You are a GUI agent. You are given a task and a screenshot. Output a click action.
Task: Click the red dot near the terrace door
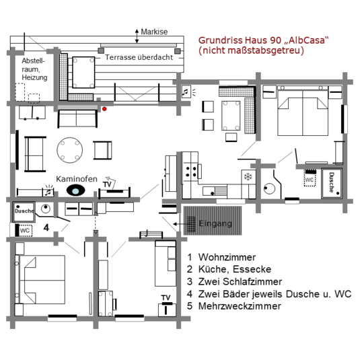pyautogui.click(x=104, y=109)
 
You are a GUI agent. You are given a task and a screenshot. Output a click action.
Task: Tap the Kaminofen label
pyautogui.click(x=77, y=179)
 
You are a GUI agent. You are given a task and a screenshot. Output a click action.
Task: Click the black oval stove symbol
pyautogui.click(x=76, y=190)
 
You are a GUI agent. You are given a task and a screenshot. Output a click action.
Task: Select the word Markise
pyautogui.click(x=154, y=32)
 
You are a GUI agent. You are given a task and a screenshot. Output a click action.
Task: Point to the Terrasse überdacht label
pyautogui.click(x=139, y=57)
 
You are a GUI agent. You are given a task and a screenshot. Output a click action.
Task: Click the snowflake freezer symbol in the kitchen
pyautogui.click(x=248, y=177)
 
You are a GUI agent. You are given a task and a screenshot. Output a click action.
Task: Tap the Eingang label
pyautogui.click(x=215, y=223)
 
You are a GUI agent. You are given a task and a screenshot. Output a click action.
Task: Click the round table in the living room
pyautogui.click(x=70, y=150)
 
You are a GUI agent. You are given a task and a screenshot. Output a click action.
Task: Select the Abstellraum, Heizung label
pyautogui.click(x=34, y=69)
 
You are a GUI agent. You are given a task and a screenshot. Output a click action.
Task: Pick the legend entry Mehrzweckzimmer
pyautogui.click(x=240, y=306)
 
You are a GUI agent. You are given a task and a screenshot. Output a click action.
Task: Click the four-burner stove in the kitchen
pyautogui.click(x=191, y=172)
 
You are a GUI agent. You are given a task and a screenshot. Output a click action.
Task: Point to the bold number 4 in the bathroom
pyautogui.click(x=46, y=227)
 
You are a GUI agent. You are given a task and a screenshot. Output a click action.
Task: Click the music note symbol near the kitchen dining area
pyautogui.click(x=186, y=92)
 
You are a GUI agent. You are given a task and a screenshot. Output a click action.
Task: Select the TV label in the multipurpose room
pyautogui.click(x=166, y=298)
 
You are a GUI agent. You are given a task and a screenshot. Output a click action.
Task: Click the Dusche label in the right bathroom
pyautogui.click(x=332, y=182)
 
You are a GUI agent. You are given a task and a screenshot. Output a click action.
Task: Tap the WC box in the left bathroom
pyautogui.click(x=25, y=231)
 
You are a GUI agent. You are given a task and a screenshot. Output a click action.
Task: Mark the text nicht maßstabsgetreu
pyautogui.click(x=251, y=50)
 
